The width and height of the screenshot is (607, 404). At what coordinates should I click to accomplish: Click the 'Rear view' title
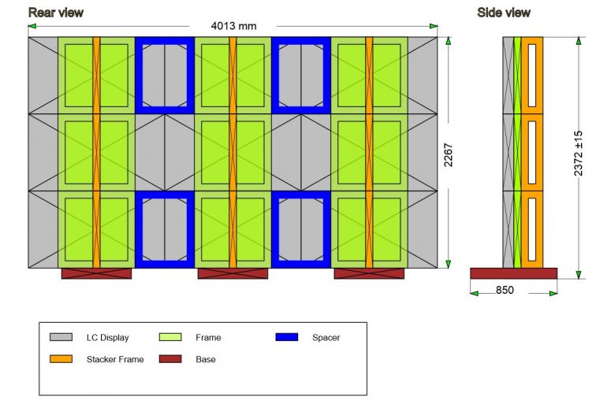pyautogui.click(x=56, y=13)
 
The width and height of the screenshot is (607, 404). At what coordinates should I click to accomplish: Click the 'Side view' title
pyautogui.click(x=504, y=13)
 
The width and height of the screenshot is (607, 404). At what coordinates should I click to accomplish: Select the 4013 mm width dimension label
pyautogui.click(x=233, y=26)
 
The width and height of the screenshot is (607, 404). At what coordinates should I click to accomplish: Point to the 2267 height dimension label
pyautogui.click(x=449, y=155)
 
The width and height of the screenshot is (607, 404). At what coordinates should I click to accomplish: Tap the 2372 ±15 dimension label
pyautogui.click(x=579, y=153)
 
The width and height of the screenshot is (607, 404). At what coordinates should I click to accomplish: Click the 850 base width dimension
pyautogui.click(x=505, y=290)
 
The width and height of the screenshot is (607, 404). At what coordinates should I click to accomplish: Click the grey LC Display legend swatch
pyautogui.click(x=61, y=337)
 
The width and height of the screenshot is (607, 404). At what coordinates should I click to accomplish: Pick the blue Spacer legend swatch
pyautogui.click(x=287, y=337)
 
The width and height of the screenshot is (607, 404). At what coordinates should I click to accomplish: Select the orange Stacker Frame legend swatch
pyautogui.click(x=61, y=359)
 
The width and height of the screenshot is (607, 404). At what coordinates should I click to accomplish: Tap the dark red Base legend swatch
pyautogui.click(x=170, y=359)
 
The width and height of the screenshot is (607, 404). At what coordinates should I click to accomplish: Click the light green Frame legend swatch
pyautogui.click(x=170, y=337)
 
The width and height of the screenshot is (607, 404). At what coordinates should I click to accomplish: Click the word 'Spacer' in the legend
pyautogui.click(x=326, y=338)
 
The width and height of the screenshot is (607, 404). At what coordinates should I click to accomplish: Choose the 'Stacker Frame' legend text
pyautogui.click(x=115, y=359)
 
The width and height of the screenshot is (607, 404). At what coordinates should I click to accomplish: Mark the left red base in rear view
pyautogui.click(x=96, y=273)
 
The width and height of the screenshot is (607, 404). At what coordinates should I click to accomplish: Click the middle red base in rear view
pyautogui.click(x=233, y=273)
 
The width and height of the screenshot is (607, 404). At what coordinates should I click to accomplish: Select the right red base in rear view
pyautogui.click(x=369, y=273)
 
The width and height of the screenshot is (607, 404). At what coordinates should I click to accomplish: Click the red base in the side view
pyautogui.click(x=514, y=273)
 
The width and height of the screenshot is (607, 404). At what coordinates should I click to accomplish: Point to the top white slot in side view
pyautogui.click(x=532, y=76)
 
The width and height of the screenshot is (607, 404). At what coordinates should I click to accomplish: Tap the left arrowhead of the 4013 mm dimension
pyautogui.click(x=32, y=26)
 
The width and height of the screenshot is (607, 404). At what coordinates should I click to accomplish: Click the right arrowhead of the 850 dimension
pyautogui.click(x=553, y=294)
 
